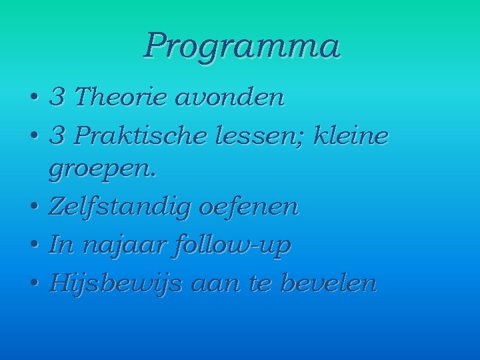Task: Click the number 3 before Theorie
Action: tap(57, 98)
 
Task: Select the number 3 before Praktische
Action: tap(57, 136)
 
